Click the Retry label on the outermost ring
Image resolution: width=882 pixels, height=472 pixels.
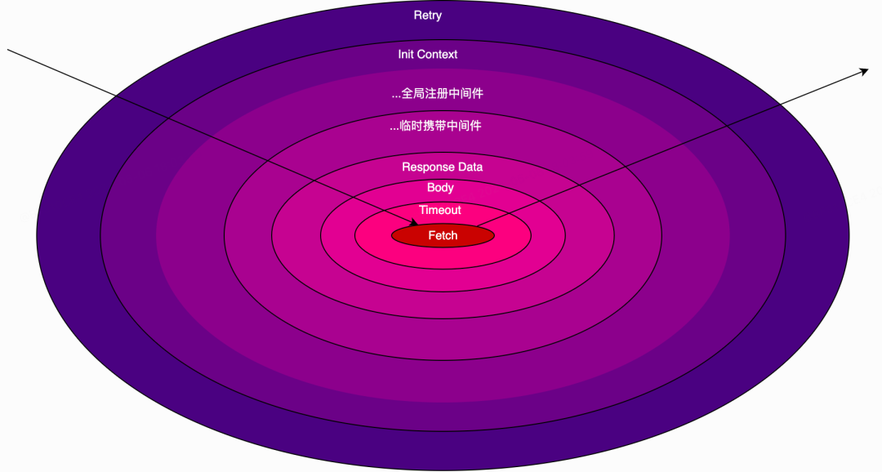pos(428,16)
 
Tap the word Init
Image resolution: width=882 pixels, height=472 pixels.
pos(406,55)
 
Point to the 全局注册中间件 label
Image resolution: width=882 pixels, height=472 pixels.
pos(442,94)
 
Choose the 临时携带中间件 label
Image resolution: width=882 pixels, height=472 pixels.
pos(441,127)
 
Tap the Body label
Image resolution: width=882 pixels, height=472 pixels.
pos(440,188)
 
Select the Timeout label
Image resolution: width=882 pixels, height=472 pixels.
pos(440,211)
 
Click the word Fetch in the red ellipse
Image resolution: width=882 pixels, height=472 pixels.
pos(443,236)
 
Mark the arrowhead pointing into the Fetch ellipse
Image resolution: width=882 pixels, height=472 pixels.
pos(414,223)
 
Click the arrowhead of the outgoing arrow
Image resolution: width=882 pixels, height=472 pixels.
pos(864,71)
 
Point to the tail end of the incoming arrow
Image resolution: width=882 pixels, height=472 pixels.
pos(9,51)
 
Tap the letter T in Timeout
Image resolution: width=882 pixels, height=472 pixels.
pos(423,211)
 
